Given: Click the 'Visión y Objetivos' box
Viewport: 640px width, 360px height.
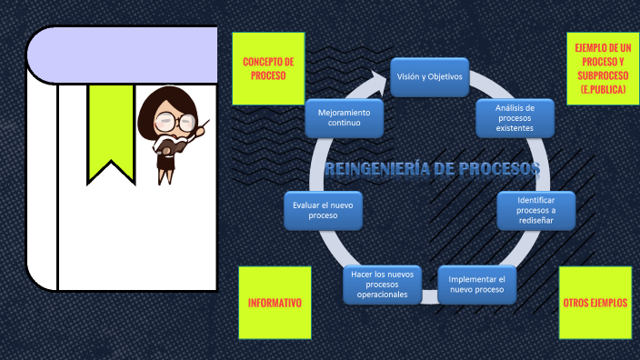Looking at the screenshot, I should (430, 77).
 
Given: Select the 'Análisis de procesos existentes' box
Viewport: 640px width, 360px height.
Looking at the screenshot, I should (515, 117).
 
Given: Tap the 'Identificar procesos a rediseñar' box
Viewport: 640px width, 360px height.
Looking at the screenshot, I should (535, 211).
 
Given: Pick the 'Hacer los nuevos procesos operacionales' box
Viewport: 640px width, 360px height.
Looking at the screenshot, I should (382, 284).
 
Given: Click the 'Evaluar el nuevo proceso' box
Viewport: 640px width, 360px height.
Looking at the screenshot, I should (323, 210).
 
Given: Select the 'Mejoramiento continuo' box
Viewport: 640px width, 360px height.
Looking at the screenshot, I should (345, 116).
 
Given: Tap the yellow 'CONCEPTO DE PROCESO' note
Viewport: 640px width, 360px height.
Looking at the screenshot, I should (267, 69).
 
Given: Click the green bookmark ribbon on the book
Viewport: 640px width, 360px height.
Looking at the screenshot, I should (111, 127).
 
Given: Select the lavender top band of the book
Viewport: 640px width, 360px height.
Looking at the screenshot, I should (123, 55).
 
